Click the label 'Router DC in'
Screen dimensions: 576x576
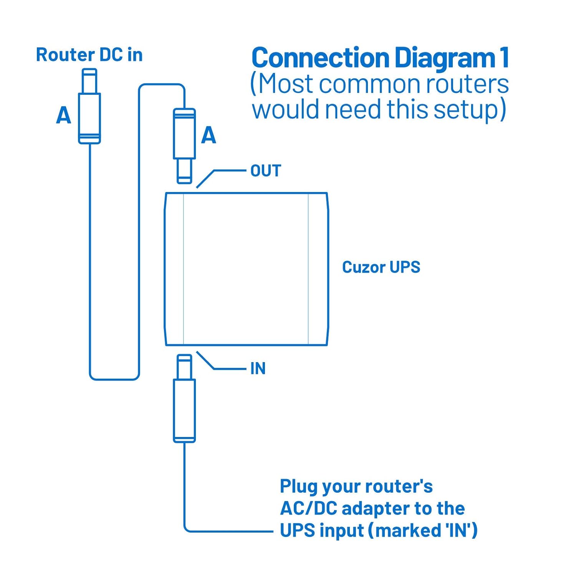point(89,55)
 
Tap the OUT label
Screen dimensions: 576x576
point(266,171)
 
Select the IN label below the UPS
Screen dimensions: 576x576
point(258,369)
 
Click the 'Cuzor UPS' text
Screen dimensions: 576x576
point(381,267)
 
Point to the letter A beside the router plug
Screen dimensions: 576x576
point(64,115)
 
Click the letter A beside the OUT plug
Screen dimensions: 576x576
point(209,135)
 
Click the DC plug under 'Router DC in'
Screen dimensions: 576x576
point(89,111)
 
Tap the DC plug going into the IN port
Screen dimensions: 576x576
point(184,403)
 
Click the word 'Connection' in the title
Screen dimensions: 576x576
point(320,58)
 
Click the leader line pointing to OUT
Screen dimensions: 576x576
point(229,170)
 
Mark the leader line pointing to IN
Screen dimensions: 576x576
point(229,369)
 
